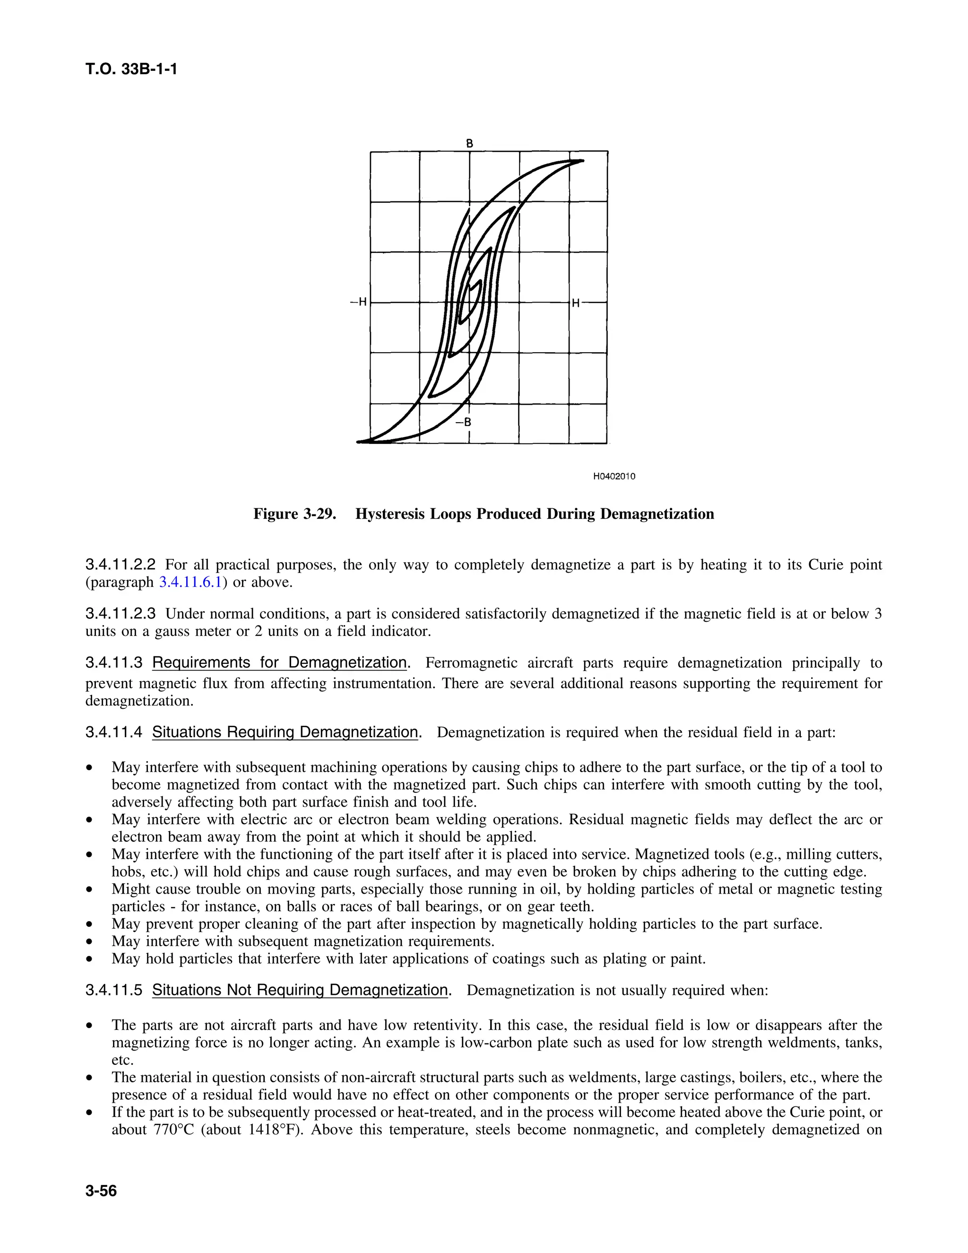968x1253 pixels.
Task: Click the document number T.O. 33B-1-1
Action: (131, 70)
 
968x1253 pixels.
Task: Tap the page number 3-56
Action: (101, 1192)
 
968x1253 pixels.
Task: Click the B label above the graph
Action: (469, 143)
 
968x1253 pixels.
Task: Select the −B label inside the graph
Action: (463, 422)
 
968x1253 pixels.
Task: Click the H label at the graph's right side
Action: (576, 303)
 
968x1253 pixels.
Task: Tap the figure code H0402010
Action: (614, 476)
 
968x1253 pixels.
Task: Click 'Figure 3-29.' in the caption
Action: (294, 513)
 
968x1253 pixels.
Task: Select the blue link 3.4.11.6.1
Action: (190, 583)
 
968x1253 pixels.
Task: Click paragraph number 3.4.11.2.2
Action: (121, 565)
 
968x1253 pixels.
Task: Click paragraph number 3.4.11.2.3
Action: (121, 614)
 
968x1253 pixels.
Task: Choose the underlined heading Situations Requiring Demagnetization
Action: (285, 732)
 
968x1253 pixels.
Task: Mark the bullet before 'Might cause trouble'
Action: (89, 889)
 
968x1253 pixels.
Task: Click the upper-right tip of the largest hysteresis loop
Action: (582, 161)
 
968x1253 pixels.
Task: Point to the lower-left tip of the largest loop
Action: (360, 442)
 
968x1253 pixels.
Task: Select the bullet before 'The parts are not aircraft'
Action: (89, 1025)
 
